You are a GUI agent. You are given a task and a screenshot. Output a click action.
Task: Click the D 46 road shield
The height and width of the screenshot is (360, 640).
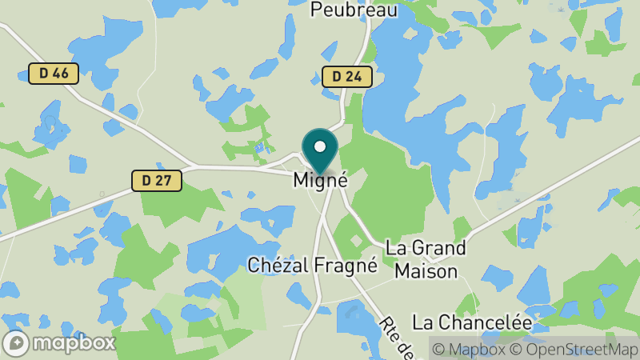click(x=54, y=74)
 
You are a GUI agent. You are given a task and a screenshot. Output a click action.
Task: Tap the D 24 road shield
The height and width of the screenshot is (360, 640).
click(x=346, y=77)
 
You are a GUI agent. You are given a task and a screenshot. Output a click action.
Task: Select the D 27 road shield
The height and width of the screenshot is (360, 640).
click(x=157, y=180)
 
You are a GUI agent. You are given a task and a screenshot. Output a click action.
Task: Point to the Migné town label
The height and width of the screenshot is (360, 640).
click(x=321, y=180)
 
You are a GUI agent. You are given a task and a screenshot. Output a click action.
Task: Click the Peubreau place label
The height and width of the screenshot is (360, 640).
click(x=343, y=10)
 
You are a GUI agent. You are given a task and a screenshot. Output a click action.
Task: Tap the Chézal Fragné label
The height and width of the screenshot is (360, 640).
click(x=312, y=265)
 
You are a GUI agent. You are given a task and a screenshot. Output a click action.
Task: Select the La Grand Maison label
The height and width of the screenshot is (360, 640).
click(x=426, y=259)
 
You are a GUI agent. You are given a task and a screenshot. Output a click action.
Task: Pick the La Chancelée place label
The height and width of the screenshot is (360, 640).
click(x=472, y=322)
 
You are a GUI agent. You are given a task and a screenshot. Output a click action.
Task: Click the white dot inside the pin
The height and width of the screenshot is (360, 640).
click(x=321, y=147)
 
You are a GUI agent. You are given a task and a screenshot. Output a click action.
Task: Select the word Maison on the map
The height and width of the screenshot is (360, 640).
click(x=426, y=271)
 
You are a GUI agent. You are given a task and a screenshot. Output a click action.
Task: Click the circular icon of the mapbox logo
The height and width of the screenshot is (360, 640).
click(x=16, y=342)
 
